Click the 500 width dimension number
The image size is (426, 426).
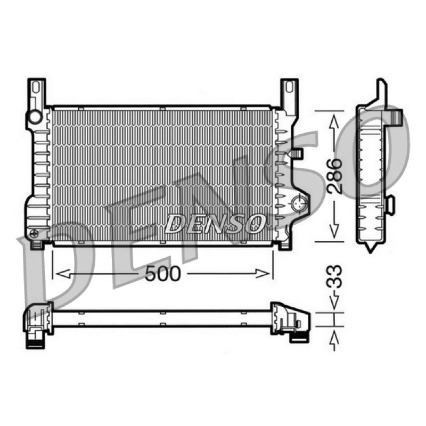(162, 274)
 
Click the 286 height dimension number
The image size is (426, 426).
(334, 176)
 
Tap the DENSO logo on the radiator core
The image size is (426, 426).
(215, 224)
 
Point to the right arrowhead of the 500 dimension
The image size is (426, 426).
(262, 274)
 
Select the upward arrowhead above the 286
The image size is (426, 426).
(334, 121)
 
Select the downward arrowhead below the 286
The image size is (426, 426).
(334, 229)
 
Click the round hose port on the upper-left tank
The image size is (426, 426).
(35, 117)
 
